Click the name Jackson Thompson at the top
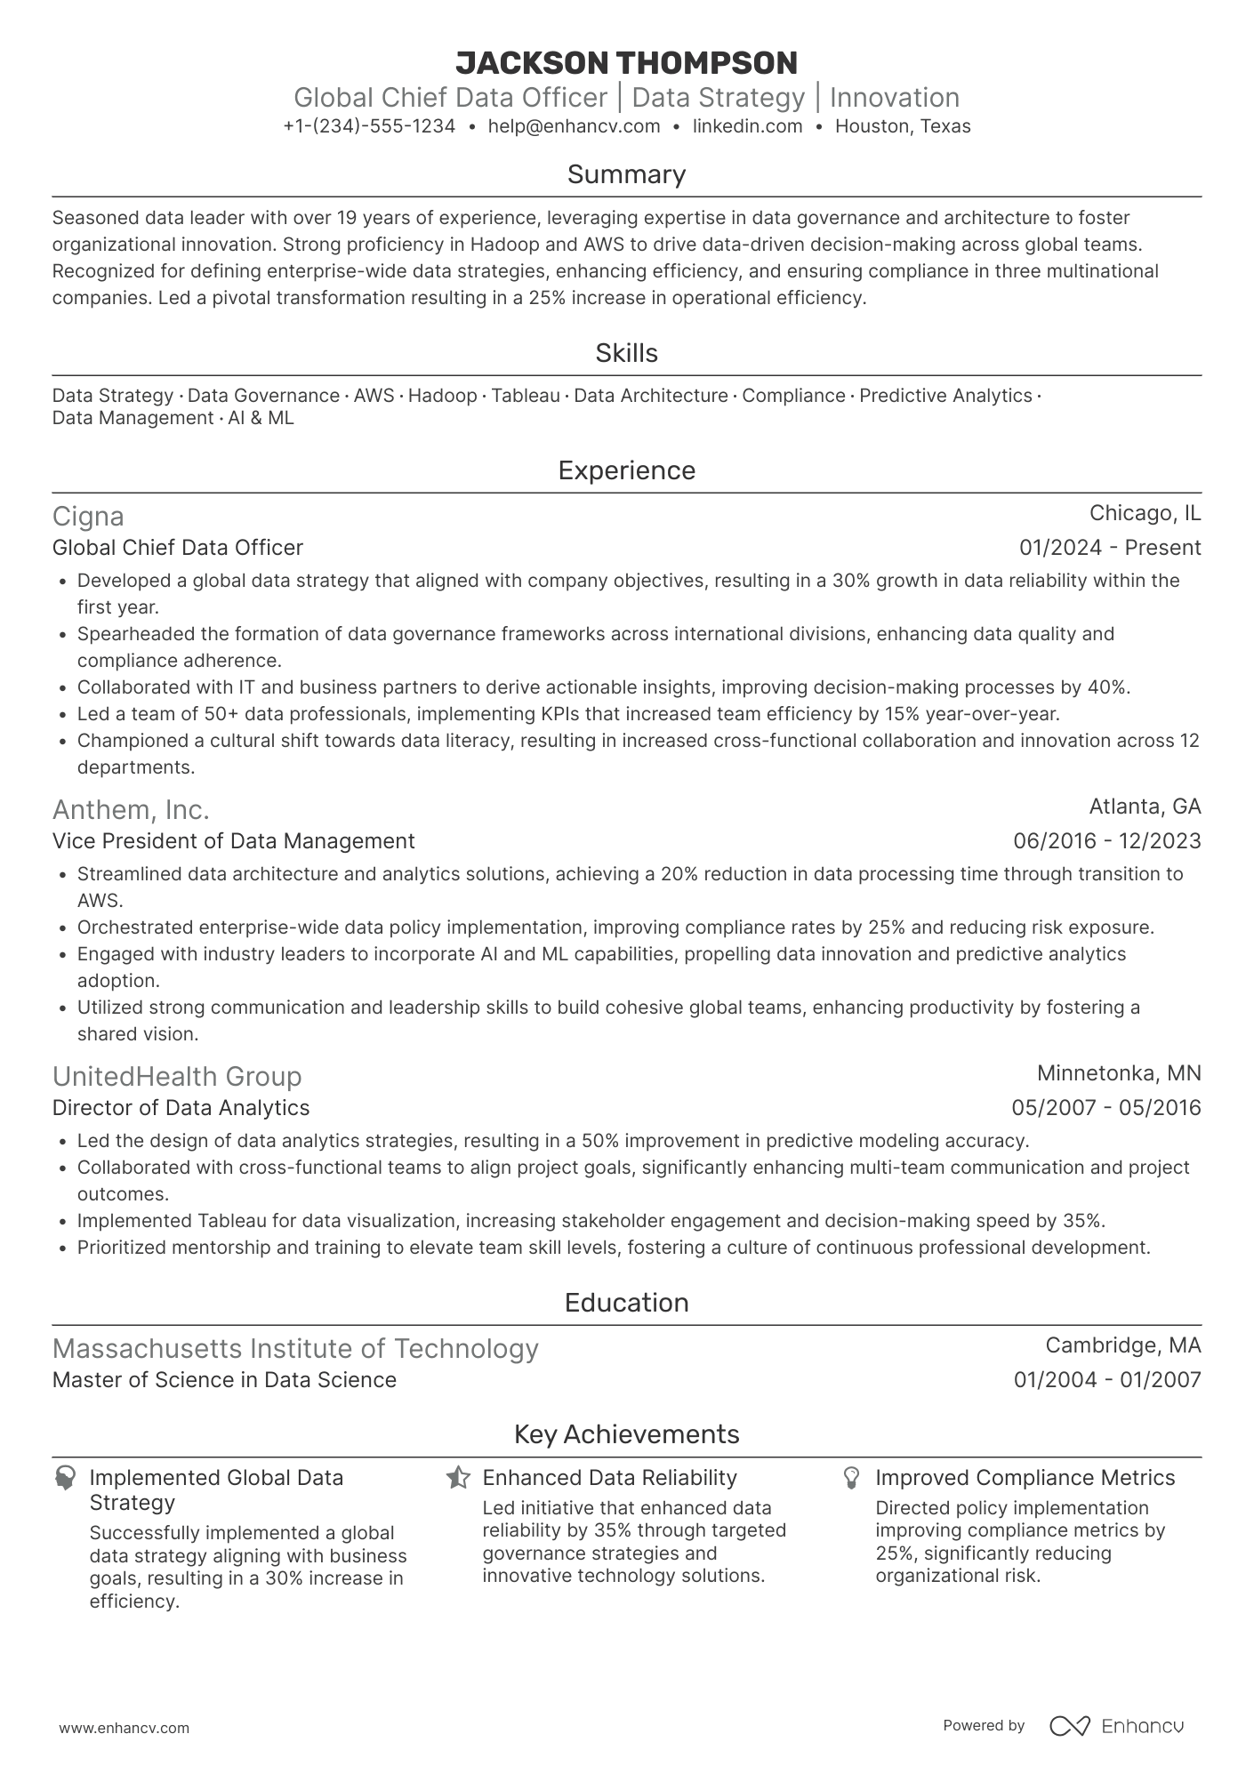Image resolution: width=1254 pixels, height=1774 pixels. [626, 63]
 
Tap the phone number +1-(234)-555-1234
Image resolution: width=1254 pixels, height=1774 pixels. [369, 126]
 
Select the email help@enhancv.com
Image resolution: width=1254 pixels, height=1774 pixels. [574, 126]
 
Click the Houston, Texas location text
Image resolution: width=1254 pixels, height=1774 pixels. [903, 126]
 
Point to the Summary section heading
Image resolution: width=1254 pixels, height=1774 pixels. [626, 174]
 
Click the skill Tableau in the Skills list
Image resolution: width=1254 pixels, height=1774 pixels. [526, 396]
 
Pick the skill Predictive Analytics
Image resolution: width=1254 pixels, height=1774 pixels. [945, 396]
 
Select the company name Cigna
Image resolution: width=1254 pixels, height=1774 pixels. [88, 517]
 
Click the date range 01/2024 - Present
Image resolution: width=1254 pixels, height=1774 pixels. [1110, 548]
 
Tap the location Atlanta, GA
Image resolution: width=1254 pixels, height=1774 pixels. [1145, 807]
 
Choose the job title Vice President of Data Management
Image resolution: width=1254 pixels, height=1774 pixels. [233, 841]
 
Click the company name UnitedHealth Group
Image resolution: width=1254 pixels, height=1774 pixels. [177, 1077]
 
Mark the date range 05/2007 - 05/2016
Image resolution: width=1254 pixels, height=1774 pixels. [1105, 1108]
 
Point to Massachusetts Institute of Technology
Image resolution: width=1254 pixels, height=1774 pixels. [295, 1349]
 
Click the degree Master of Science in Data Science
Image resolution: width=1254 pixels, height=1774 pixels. [224, 1380]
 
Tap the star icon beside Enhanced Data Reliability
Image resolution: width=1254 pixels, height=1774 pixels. [458, 1479]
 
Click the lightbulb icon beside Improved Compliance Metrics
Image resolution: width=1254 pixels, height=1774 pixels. [851, 1479]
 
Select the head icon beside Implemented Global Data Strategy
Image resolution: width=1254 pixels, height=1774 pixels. [65, 1479]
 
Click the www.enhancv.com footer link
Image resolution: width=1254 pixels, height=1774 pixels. [124, 1729]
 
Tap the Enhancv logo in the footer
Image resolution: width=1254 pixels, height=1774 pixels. [1116, 1726]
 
